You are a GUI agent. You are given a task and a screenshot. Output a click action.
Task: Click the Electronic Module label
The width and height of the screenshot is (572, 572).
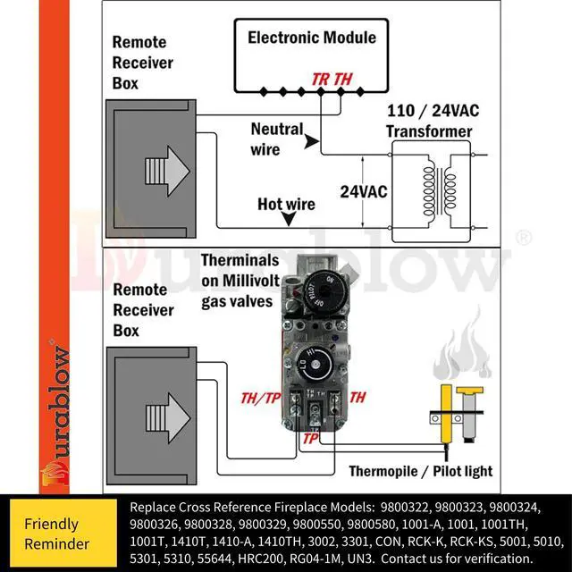tap(312, 38)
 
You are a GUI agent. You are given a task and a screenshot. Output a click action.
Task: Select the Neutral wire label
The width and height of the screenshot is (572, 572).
tap(276, 139)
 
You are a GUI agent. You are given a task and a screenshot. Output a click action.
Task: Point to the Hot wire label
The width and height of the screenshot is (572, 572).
tap(286, 204)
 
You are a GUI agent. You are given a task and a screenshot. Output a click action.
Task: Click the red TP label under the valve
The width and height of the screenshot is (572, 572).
tap(310, 439)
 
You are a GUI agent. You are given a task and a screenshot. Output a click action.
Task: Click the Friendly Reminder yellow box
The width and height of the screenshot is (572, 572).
tap(63, 534)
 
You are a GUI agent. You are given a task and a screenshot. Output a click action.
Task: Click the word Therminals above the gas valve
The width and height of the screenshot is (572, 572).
tap(241, 261)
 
